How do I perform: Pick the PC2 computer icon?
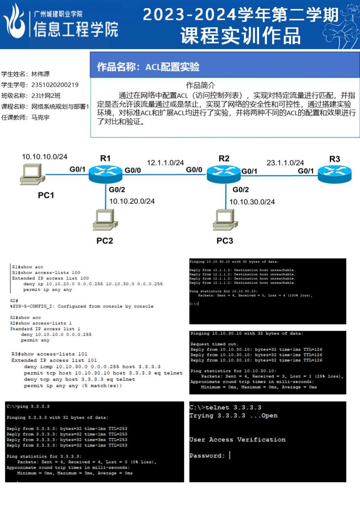pyautogui.click(x=105, y=220)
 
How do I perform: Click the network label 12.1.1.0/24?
pyautogui.click(x=165, y=163)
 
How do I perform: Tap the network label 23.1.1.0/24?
pyautogui.click(x=285, y=163)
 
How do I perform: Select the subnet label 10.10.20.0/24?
pyautogui.click(x=132, y=201)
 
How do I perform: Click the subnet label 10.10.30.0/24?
pyautogui.click(x=252, y=202)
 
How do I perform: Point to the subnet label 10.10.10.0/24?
pyautogui.click(x=44, y=156)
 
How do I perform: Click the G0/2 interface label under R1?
pyautogui.click(x=117, y=189)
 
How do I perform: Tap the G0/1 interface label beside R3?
pyautogui.click(x=306, y=171)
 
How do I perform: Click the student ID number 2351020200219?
pyautogui.click(x=55, y=85)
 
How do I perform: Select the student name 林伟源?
pyautogui.click(x=40, y=74)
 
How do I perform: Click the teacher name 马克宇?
pyautogui.click(x=40, y=117)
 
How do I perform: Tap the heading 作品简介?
pyautogui.click(x=201, y=85)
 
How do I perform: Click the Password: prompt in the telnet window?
pyautogui.click(x=207, y=456)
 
